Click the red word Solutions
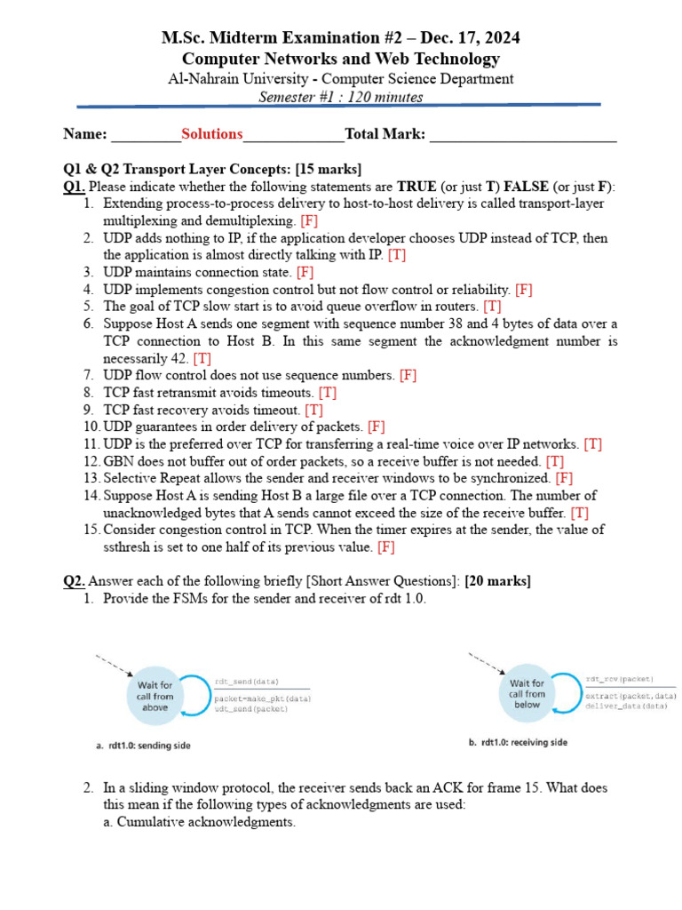pyautogui.click(x=211, y=134)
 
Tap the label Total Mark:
pyautogui.click(x=385, y=134)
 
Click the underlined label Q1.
pyautogui.click(x=74, y=187)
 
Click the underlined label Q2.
pyautogui.click(x=74, y=581)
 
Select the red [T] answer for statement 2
pyautogui.click(x=397, y=255)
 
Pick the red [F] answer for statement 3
pyautogui.click(x=305, y=272)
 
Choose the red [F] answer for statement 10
pyautogui.click(x=377, y=427)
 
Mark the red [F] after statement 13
pyautogui.click(x=564, y=478)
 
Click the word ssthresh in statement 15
pyautogui.click(x=130, y=547)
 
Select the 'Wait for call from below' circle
pyautogui.click(x=527, y=694)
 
